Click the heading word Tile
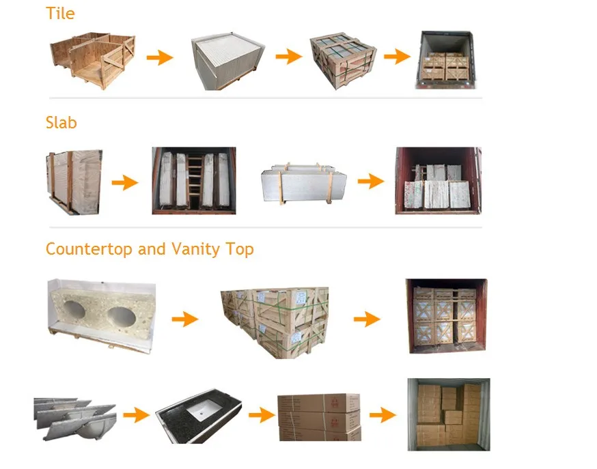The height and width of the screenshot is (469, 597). pyautogui.click(x=60, y=14)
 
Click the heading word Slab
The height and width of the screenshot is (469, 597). pyautogui.click(x=61, y=123)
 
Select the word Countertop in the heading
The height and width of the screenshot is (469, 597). pyautogui.click(x=89, y=249)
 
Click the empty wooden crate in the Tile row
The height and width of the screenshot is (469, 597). pyautogui.click(x=92, y=60)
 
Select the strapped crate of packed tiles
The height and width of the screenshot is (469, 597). pyautogui.click(x=342, y=60)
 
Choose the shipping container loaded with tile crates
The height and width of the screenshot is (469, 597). pyautogui.click(x=445, y=59)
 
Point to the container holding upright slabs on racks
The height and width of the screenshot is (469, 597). pyautogui.click(x=194, y=181)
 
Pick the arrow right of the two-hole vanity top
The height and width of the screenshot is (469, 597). pyautogui.click(x=184, y=318)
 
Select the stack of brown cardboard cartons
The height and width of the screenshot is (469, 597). pyautogui.click(x=319, y=416)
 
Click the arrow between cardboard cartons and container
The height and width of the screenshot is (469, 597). pyautogui.click(x=383, y=414)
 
